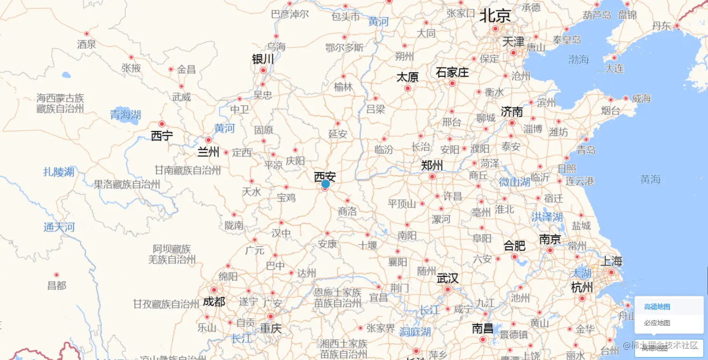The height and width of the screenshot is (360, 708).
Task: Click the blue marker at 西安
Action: tap(325, 184)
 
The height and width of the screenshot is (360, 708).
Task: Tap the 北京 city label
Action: tap(495, 16)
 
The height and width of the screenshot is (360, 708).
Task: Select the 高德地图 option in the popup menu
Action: tap(657, 307)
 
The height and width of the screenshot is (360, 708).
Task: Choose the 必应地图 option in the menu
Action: tap(657, 323)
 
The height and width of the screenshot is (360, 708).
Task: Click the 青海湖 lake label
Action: tap(125, 115)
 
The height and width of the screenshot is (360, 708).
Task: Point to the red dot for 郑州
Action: tap(432, 176)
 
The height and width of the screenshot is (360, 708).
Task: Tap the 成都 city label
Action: tap(214, 302)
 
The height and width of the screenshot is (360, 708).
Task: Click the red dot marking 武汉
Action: tap(448, 289)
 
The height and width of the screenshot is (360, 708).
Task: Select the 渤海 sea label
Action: tap(578, 59)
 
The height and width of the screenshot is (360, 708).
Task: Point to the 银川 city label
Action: tap(263, 59)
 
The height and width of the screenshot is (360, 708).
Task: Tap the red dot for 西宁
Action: tap(162, 124)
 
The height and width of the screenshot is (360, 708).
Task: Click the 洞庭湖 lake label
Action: tap(415, 332)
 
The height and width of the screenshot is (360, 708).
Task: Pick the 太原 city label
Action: tap(407, 77)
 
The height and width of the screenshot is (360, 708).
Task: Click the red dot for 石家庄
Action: tap(452, 83)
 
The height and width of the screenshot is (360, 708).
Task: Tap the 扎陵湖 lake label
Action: tap(59, 172)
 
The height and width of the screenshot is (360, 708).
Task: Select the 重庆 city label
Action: tap(271, 329)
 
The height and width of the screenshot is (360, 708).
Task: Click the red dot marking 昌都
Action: tap(57, 275)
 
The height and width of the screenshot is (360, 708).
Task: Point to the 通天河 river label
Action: tap(59, 228)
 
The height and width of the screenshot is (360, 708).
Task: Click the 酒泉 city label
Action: tap(87, 44)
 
